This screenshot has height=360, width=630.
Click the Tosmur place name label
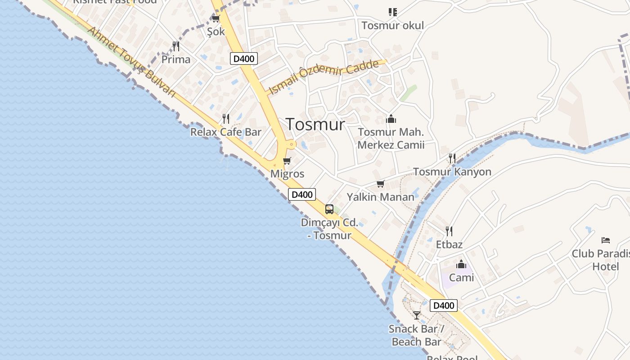coord(315,125)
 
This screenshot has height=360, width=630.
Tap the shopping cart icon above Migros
coord(287,161)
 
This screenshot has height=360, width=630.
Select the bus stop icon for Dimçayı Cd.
coord(329,209)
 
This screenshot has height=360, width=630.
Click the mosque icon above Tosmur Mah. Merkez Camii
coord(391,119)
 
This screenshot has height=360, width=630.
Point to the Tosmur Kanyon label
coord(452,172)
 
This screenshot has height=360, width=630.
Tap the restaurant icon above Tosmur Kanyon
coord(452,158)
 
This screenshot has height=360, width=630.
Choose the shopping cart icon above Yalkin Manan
coord(381,184)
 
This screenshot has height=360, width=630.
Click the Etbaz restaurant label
coord(449,245)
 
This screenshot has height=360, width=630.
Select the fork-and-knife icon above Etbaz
coord(449,231)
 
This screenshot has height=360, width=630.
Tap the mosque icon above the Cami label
coord(461,264)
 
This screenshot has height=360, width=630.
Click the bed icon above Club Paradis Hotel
coord(606,240)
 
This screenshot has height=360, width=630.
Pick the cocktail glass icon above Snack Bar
coord(417,315)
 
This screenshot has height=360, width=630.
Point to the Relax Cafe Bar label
coord(226,132)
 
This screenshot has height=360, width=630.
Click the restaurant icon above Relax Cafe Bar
coord(226,119)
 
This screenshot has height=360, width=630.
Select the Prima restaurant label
coord(176,59)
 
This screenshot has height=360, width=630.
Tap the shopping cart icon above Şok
coord(216,19)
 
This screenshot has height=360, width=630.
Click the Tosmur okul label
coord(393,26)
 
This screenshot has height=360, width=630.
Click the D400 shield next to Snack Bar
coord(444,306)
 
